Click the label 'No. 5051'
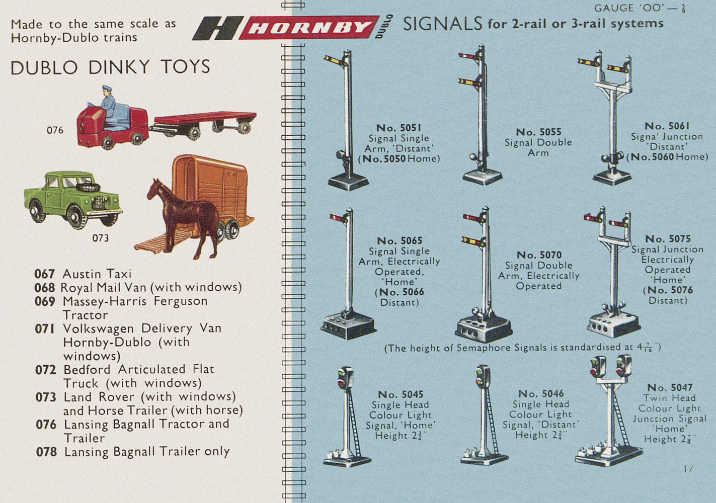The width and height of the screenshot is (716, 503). pos(399,128)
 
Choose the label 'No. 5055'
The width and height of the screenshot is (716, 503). pos(538,132)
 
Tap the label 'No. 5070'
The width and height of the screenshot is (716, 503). pos(539,255)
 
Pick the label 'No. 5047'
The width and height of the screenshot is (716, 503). pos(670,388)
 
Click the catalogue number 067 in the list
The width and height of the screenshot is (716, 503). pos(44,274)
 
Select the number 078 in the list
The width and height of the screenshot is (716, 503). pos(46,452)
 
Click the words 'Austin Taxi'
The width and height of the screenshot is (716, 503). pos(97,274)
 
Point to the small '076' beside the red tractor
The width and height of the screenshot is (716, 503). pos(55,130)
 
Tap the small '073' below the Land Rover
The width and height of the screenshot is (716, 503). pos(100,238)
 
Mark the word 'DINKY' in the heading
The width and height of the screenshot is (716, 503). pos(119,67)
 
